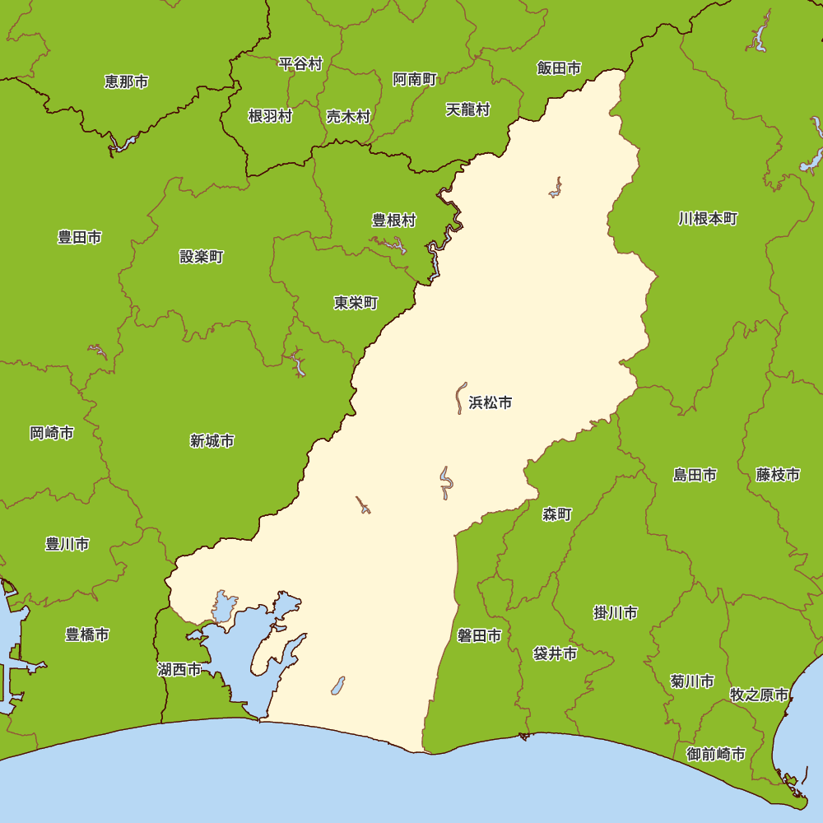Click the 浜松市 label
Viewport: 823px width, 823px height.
(x=491, y=402)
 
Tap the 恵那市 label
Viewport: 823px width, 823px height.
(x=127, y=81)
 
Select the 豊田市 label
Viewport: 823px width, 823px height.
(x=80, y=237)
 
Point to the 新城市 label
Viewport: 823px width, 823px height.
(x=212, y=441)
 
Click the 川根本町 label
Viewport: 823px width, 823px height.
(x=709, y=219)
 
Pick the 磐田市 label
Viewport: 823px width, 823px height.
(x=480, y=635)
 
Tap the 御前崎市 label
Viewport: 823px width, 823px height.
(x=716, y=754)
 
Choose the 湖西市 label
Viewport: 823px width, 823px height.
(x=179, y=669)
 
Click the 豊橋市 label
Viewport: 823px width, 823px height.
(x=87, y=635)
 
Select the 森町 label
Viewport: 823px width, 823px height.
(x=557, y=514)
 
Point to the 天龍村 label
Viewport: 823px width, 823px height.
(x=468, y=109)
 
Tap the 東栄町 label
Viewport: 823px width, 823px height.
(x=356, y=303)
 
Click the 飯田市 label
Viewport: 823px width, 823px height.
(x=560, y=68)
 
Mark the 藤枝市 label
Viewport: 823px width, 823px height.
(x=779, y=474)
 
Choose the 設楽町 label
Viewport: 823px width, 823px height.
(x=202, y=257)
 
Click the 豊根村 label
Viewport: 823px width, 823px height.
(x=394, y=221)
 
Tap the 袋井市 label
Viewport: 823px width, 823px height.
(x=555, y=654)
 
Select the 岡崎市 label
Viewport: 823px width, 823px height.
(x=52, y=433)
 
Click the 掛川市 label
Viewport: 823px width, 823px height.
(x=616, y=613)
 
